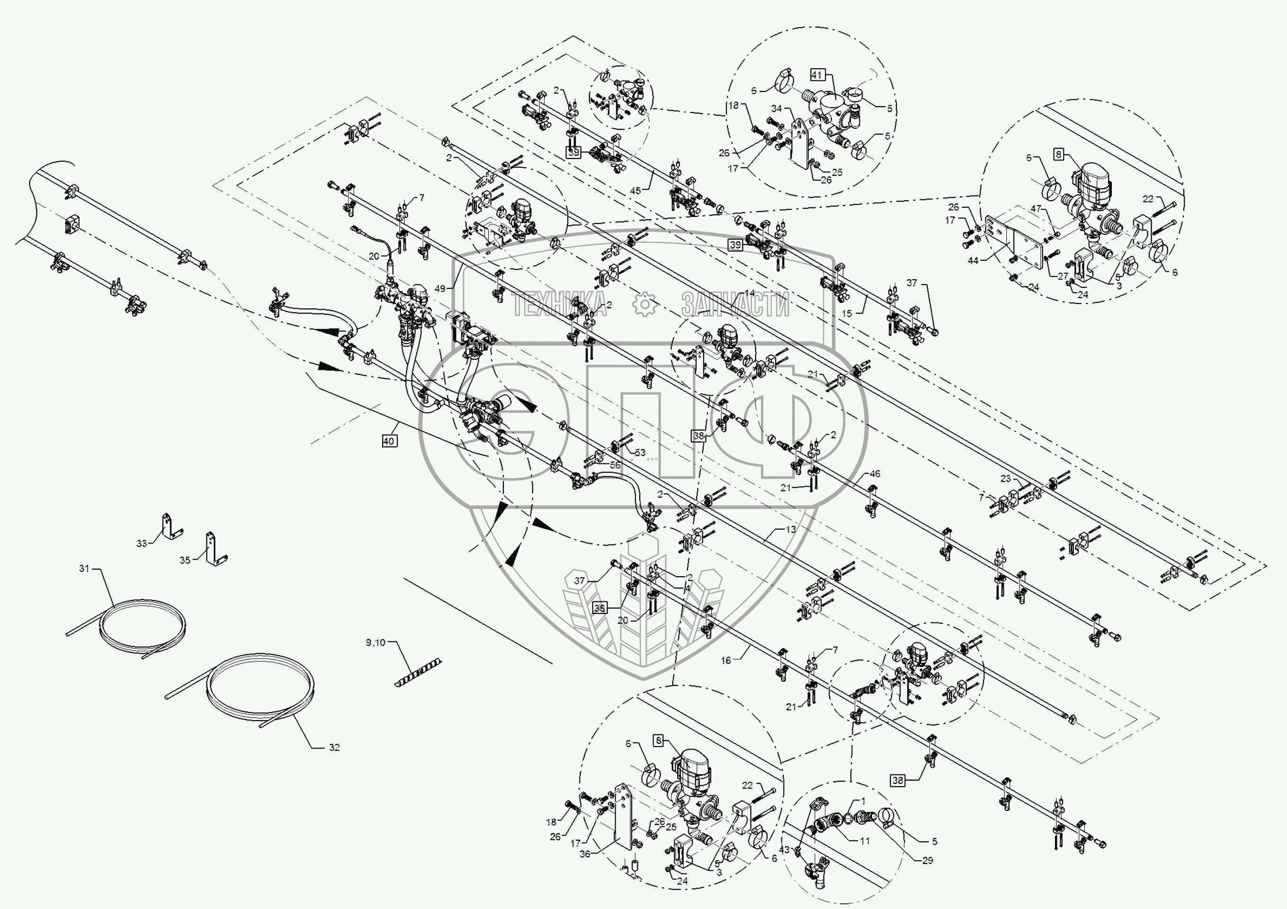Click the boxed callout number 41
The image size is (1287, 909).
pyautogui.click(x=817, y=74)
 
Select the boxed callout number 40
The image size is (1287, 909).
pyautogui.click(x=389, y=441)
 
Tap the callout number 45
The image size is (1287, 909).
pyautogui.click(x=635, y=190)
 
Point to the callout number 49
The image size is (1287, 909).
pyautogui.click(x=440, y=289)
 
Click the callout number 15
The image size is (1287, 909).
pyautogui.click(x=847, y=314)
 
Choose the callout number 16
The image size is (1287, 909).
pyautogui.click(x=726, y=661)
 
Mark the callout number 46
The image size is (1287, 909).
pyautogui.click(x=875, y=473)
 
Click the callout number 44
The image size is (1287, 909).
pyautogui.click(x=973, y=260)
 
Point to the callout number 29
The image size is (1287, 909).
pyautogui.click(x=928, y=860)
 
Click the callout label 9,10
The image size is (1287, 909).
pyautogui.click(x=375, y=643)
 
